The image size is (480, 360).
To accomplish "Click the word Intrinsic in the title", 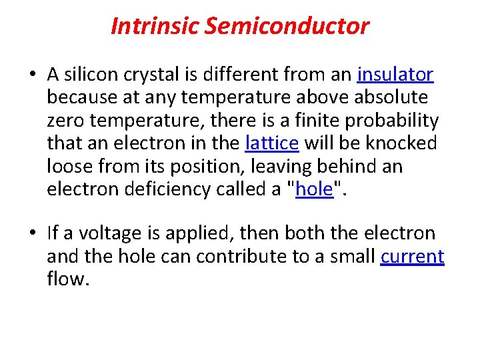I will (x=155, y=26).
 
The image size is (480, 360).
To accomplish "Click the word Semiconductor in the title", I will (x=287, y=26).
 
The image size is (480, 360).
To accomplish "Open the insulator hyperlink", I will (x=396, y=75).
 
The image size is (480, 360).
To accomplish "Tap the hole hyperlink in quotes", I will (x=314, y=189).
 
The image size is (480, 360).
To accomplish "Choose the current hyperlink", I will (x=412, y=257).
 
